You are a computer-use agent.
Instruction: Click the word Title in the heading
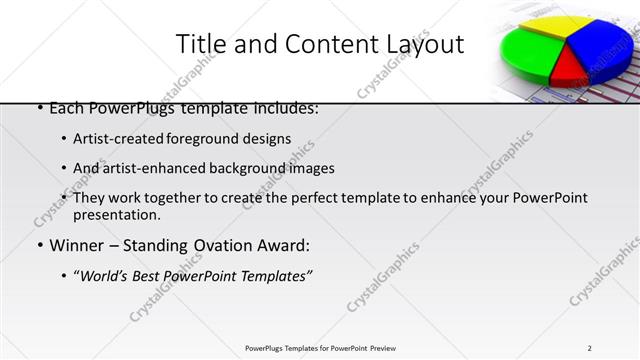[x=200, y=44]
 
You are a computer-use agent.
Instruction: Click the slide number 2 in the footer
[x=590, y=348]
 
